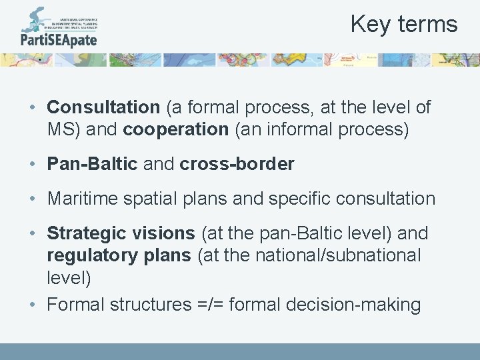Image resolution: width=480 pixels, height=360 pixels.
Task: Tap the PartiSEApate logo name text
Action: [x=59, y=39]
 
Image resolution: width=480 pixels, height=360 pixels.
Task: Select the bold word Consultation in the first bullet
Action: [x=103, y=107]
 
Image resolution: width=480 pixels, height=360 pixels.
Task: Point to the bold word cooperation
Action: [x=175, y=129]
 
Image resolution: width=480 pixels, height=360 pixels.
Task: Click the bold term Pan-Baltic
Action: [x=92, y=164]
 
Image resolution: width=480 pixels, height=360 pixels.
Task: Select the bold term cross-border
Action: [x=237, y=164]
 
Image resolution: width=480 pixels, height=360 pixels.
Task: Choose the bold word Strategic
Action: [x=85, y=233]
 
